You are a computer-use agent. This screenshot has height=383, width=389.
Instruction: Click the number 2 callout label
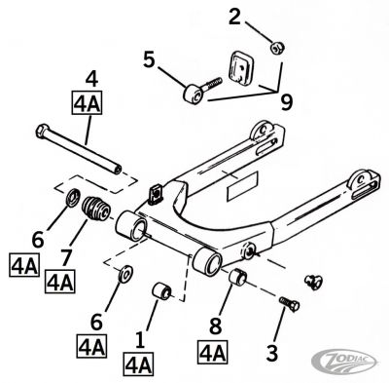tap(234, 16)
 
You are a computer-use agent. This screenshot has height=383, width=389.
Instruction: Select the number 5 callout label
tap(148, 60)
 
